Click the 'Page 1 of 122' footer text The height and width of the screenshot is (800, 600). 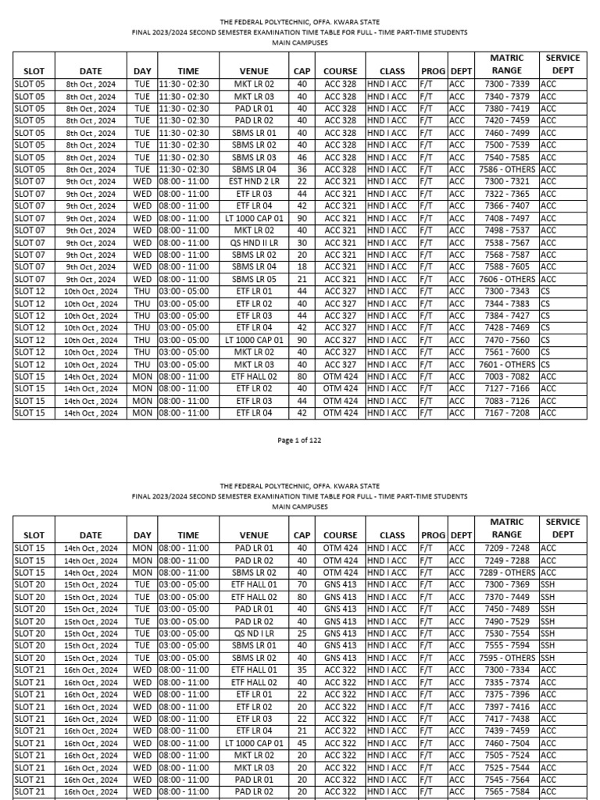299,441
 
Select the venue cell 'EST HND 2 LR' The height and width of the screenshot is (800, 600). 253,181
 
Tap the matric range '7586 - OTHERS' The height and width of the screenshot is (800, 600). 506,170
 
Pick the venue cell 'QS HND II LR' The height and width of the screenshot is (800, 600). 253,243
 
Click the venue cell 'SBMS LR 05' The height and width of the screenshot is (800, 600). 253,280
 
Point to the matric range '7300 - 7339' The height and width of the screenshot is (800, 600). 506,84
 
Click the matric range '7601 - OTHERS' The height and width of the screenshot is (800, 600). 506,365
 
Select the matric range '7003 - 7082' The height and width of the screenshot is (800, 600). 506,377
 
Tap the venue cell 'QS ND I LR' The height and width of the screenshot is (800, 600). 253,634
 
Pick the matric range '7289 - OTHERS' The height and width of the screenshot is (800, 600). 506,573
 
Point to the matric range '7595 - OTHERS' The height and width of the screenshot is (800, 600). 506,658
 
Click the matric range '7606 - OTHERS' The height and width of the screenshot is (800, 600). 506,280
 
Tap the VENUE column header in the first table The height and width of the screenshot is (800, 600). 253,71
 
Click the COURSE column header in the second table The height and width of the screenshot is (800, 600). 340,535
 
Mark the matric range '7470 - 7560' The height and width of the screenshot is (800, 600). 506,341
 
